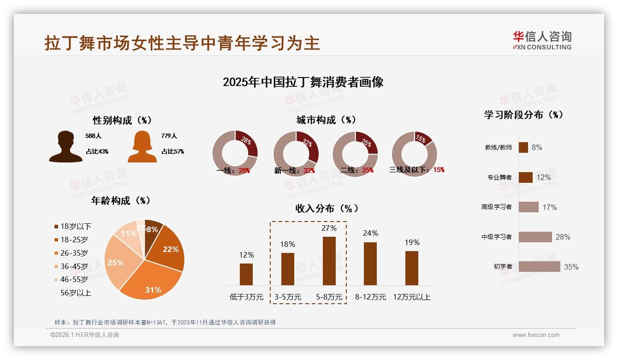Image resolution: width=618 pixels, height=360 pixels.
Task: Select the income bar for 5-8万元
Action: coord(329,261)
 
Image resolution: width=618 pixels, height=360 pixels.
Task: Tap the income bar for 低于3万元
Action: coord(246,274)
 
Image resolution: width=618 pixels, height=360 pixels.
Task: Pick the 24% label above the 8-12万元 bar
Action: coord(370,234)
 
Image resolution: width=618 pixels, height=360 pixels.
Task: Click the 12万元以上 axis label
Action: coord(412,297)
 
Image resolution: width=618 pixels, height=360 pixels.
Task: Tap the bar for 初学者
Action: coord(539,267)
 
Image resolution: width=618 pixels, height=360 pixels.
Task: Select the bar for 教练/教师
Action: coord(523,147)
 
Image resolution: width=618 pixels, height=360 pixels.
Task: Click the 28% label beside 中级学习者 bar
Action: coord(563,237)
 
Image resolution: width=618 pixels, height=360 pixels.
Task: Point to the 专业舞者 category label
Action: coord(499,177)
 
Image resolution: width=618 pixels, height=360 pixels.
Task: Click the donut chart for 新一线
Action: coord(296,154)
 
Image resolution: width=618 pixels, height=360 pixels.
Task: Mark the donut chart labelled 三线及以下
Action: coord(414,154)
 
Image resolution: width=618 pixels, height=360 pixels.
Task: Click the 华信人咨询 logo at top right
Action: coord(542,40)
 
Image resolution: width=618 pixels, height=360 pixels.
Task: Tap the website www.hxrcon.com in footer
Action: coord(536,335)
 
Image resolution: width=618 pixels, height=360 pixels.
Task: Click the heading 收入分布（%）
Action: coord(327,209)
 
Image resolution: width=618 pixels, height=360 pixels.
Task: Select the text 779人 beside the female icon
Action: coord(169,136)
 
